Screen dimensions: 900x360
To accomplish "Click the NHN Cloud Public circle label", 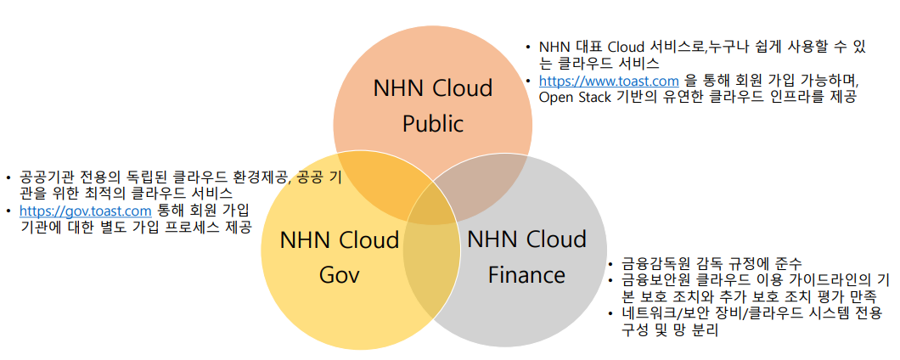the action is [x=433, y=106].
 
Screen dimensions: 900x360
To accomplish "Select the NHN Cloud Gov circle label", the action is [x=340, y=257].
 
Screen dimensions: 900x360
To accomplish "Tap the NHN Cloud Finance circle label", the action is [x=526, y=256].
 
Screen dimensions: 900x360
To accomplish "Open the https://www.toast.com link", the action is [x=603, y=81].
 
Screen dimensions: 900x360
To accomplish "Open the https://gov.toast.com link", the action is [x=85, y=211].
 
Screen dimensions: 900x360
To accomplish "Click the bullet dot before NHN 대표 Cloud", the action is [x=530, y=48].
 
